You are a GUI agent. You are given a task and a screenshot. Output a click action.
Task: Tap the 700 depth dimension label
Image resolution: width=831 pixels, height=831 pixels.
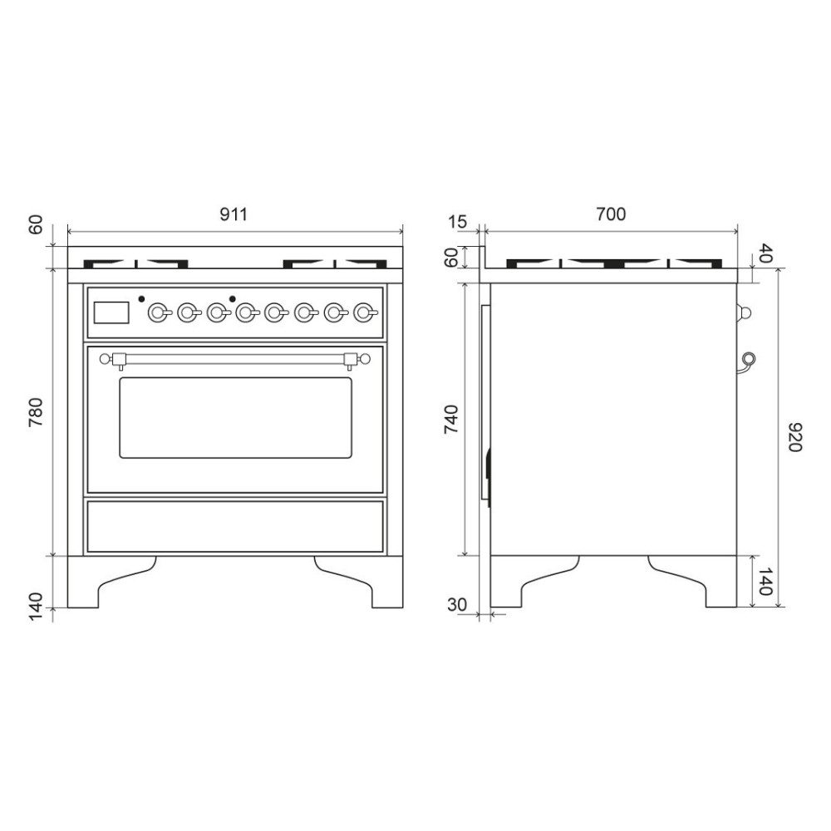click(x=611, y=214)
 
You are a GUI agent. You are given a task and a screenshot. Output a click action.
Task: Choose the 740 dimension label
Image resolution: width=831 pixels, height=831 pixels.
click(x=450, y=420)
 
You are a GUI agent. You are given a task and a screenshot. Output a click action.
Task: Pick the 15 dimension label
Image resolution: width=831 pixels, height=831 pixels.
click(x=457, y=222)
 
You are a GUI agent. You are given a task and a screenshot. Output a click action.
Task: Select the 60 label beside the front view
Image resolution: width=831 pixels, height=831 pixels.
click(x=36, y=225)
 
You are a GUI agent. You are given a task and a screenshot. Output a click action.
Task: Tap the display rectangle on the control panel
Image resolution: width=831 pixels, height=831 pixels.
click(x=112, y=312)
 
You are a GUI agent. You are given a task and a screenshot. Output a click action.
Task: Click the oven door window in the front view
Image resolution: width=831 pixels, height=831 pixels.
click(x=235, y=417)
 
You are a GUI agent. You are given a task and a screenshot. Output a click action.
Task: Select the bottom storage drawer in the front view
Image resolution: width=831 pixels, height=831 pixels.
click(x=234, y=525)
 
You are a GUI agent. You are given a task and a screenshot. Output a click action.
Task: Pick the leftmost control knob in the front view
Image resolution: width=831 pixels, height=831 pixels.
click(x=157, y=312)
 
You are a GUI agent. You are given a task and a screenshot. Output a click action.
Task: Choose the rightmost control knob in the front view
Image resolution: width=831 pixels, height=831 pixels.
click(x=362, y=312)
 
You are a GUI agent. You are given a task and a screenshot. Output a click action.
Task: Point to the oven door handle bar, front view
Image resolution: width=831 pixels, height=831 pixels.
click(x=234, y=359)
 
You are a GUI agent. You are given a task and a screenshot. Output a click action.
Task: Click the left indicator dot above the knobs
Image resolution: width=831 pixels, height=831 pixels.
click(x=142, y=297)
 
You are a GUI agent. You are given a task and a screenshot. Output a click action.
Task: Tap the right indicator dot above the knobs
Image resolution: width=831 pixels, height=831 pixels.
click(x=233, y=297)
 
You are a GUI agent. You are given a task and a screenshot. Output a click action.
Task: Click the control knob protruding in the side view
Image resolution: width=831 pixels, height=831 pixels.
click(x=745, y=312)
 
